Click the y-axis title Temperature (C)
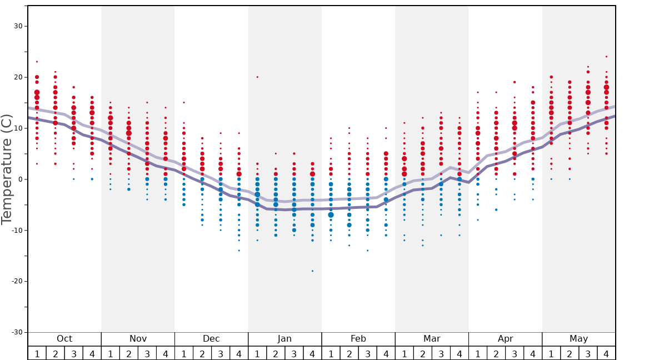(x=7, y=169)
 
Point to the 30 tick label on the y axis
(x=18, y=26)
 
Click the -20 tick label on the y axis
(x=16, y=281)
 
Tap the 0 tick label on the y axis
(x=20, y=179)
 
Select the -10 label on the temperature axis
(x=16, y=230)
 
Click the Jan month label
(x=284, y=339)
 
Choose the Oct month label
(x=64, y=339)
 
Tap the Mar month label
(x=432, y=339)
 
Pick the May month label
(x=578, y=339)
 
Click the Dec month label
(x=211, y=339)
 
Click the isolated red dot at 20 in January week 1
(x=257, y=77)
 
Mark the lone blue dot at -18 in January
(x=312, y=271)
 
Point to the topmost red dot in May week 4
(x=606, y=57)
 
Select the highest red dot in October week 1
(x=37, y=62)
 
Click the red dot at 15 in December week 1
(x=184, y=102)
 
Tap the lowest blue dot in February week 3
(x=367, y=251)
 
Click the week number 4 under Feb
(x=386, y=353)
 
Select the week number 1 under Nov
(x=111, y=353)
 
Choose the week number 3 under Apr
(x=515, y=353)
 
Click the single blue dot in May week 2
(x=570, y=179)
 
